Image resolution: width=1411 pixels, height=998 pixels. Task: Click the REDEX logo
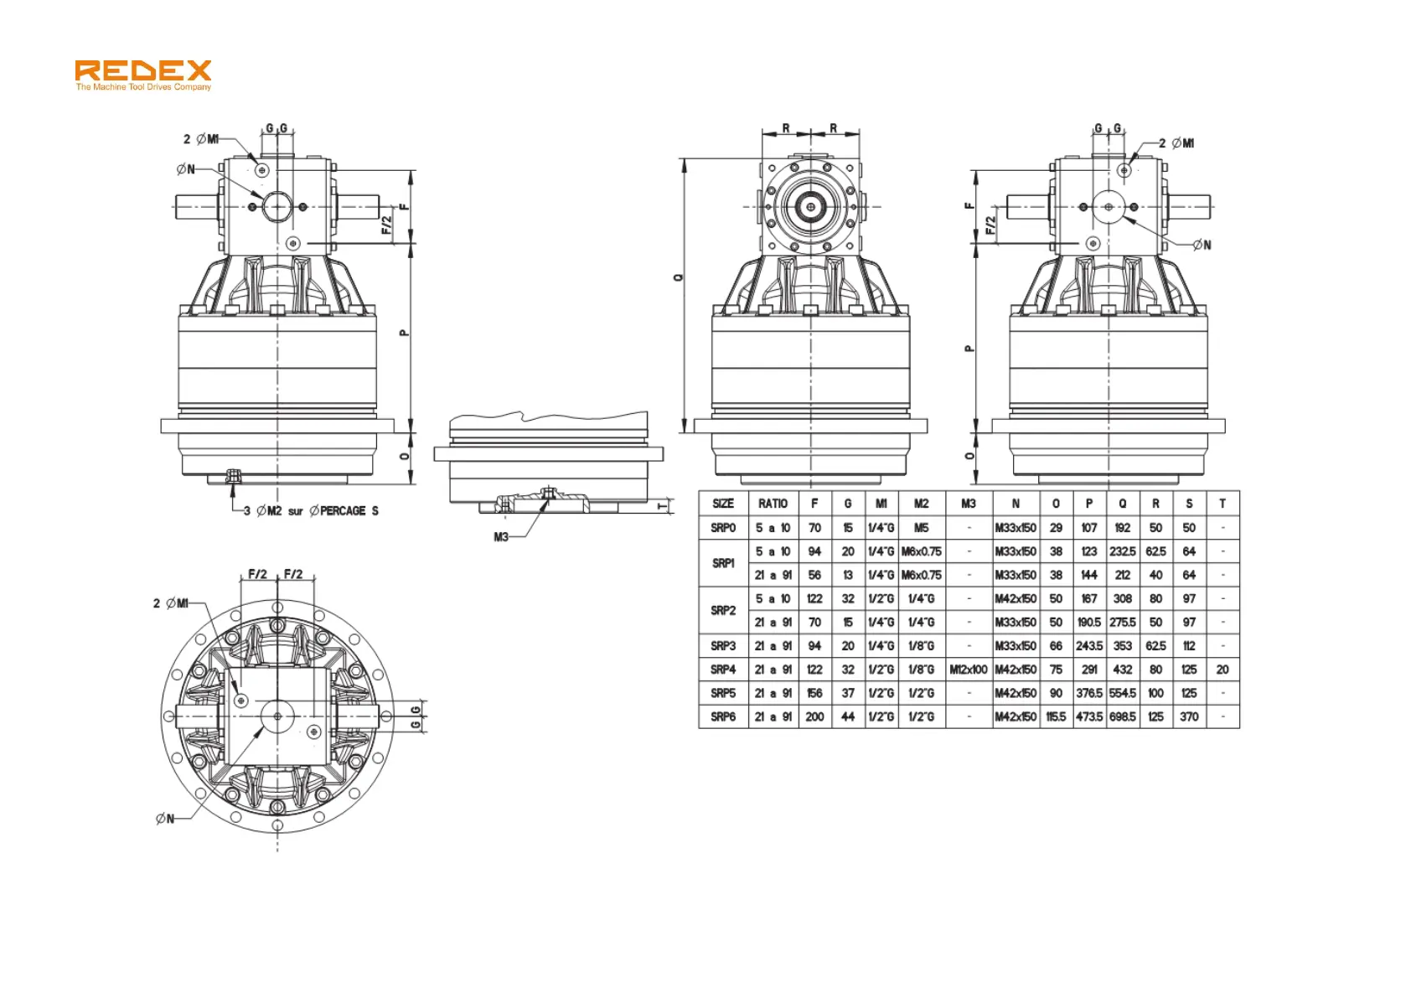click(x=142, y=70)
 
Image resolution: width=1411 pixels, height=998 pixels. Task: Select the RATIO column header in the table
click(x=773, y=504)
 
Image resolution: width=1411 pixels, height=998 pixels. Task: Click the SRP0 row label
click(x=722, y=528)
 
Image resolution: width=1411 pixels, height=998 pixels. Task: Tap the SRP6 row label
click(x=722, y=717)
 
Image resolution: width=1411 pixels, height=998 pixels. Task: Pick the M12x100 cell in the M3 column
click(x=968, y=670)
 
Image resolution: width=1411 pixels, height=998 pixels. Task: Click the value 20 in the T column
click(x=1222, y=670)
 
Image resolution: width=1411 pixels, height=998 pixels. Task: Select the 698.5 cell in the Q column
click(x=1122, y=717)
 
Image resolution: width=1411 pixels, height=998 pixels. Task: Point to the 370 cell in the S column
click(x=1188, y=717)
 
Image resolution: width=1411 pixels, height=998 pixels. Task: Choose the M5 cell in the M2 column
click(x=921, y=528)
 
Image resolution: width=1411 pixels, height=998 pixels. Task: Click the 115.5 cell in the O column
click(x=1056, y=717)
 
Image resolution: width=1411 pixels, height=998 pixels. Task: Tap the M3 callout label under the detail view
click(x=501, y=537)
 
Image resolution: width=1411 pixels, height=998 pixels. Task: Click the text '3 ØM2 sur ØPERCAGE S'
click(x=311, y=511)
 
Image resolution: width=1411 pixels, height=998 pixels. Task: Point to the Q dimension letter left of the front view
click(x=678, y=277)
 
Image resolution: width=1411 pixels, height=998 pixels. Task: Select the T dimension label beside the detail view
click(x=663, y=506)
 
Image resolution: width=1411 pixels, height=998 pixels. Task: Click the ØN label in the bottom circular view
click(x=165, y=819)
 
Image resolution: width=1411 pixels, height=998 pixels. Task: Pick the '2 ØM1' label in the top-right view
click(x=1176, y=143)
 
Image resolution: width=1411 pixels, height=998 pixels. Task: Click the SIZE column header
click(x=722, y=504)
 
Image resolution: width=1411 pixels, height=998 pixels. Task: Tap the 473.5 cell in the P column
click(x=1088, y=717)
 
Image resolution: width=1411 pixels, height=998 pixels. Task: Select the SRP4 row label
click(x=722, y=670)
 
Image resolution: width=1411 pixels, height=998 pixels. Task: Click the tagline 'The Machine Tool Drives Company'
click(x=143, y=87)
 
